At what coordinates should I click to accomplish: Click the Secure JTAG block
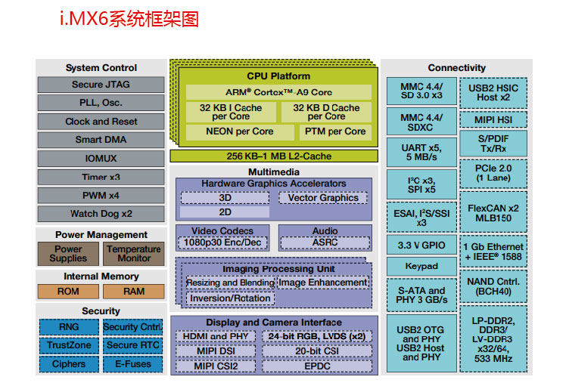tap(101, 85)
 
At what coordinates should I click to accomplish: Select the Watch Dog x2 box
tap(101, 214)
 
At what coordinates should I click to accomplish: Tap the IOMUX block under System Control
tap(101, 159)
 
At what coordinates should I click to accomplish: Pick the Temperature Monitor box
tap(133, 253)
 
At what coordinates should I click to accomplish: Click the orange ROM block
tap(68, 291)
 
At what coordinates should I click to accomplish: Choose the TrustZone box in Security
tap(69, 345)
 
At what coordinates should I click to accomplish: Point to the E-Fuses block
tap(132, 363)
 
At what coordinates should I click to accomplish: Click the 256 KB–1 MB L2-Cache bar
tap(272, 156)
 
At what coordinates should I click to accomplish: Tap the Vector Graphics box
tap(323, 198)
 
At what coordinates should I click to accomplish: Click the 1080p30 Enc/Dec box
tap(222, 242)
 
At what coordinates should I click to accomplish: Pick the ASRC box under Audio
tap(325, 242)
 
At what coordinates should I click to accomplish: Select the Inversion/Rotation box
tap(230, 298)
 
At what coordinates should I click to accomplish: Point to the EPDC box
tap(317, 366)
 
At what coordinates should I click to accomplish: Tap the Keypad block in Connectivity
tap(421, 266)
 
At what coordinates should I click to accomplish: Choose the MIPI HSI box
tap(493, 120)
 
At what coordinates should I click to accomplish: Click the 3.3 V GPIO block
tap(421, 246)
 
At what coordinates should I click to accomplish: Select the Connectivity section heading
tap(456, 68)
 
